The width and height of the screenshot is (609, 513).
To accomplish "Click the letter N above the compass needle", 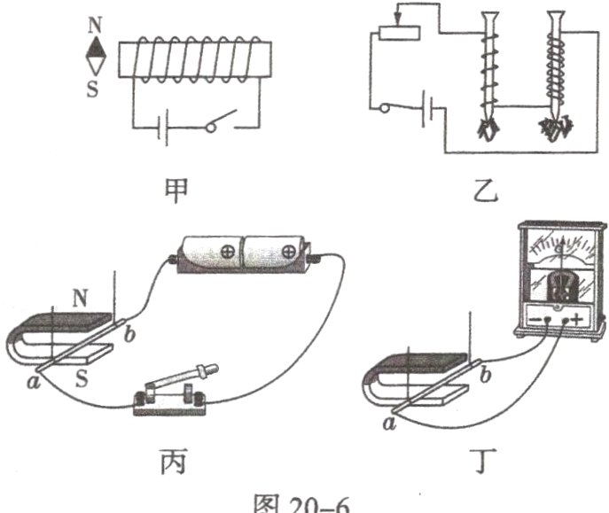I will click(x=95, y=24).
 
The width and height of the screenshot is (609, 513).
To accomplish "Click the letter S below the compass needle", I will click(x=94, y=89).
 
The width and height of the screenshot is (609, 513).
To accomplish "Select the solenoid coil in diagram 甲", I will click(x=192, y=57).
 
